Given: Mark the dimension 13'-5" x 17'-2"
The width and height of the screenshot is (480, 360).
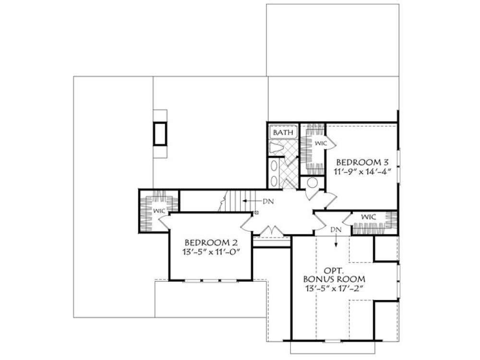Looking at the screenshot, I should coord(334,288).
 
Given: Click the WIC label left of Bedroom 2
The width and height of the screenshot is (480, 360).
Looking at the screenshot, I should coord(159,210).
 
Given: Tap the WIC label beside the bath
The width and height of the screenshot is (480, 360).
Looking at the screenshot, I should coord(320,144).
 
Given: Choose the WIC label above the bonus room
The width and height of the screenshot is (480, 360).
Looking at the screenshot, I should coord(368,217).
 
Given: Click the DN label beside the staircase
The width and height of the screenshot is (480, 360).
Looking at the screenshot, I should coord(267,202).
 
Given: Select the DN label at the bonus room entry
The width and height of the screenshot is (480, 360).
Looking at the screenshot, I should coord(336,230).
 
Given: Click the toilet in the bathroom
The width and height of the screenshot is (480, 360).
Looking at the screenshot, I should coord(276,147).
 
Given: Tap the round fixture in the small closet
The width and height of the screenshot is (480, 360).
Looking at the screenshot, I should coord(312,183).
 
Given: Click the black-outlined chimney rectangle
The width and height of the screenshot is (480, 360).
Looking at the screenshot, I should coord(160,133).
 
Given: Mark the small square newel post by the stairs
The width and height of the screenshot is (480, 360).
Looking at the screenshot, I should coord(256,212).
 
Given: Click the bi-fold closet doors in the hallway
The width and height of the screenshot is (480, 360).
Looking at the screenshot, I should coord(274,231).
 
